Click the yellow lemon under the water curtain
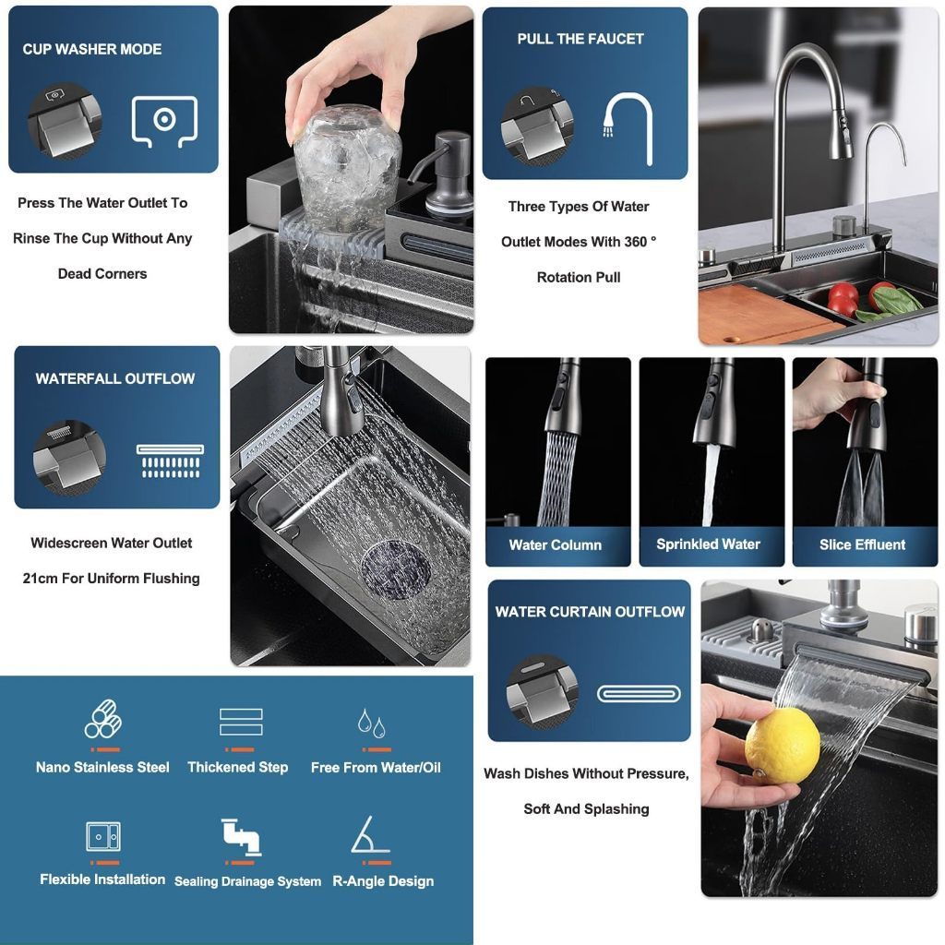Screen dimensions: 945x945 pos(783,746)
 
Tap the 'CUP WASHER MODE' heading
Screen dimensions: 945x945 pos(92,50)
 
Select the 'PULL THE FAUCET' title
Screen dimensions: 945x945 pos(580,39)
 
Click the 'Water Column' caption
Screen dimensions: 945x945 pos(555,544)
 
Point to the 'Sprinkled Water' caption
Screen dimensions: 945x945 pos(708,544)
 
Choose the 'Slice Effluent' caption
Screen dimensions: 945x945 pos(863,544)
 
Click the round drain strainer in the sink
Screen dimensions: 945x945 pos(396,569)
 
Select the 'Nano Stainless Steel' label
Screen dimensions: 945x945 pos(102,767)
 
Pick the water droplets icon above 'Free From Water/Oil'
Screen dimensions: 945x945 pos(371,723)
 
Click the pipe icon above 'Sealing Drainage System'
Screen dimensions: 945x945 pos(241,836)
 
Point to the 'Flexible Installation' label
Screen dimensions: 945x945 pos(102,879)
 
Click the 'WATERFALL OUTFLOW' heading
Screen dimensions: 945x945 pos(115,378)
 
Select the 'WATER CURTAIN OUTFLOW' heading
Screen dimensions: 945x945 pos(590,612)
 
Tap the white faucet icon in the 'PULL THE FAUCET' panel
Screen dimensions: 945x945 pos(628,128)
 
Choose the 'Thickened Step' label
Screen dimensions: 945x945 pos(237,767)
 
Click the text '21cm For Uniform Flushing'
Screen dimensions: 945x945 pos(112,579)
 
